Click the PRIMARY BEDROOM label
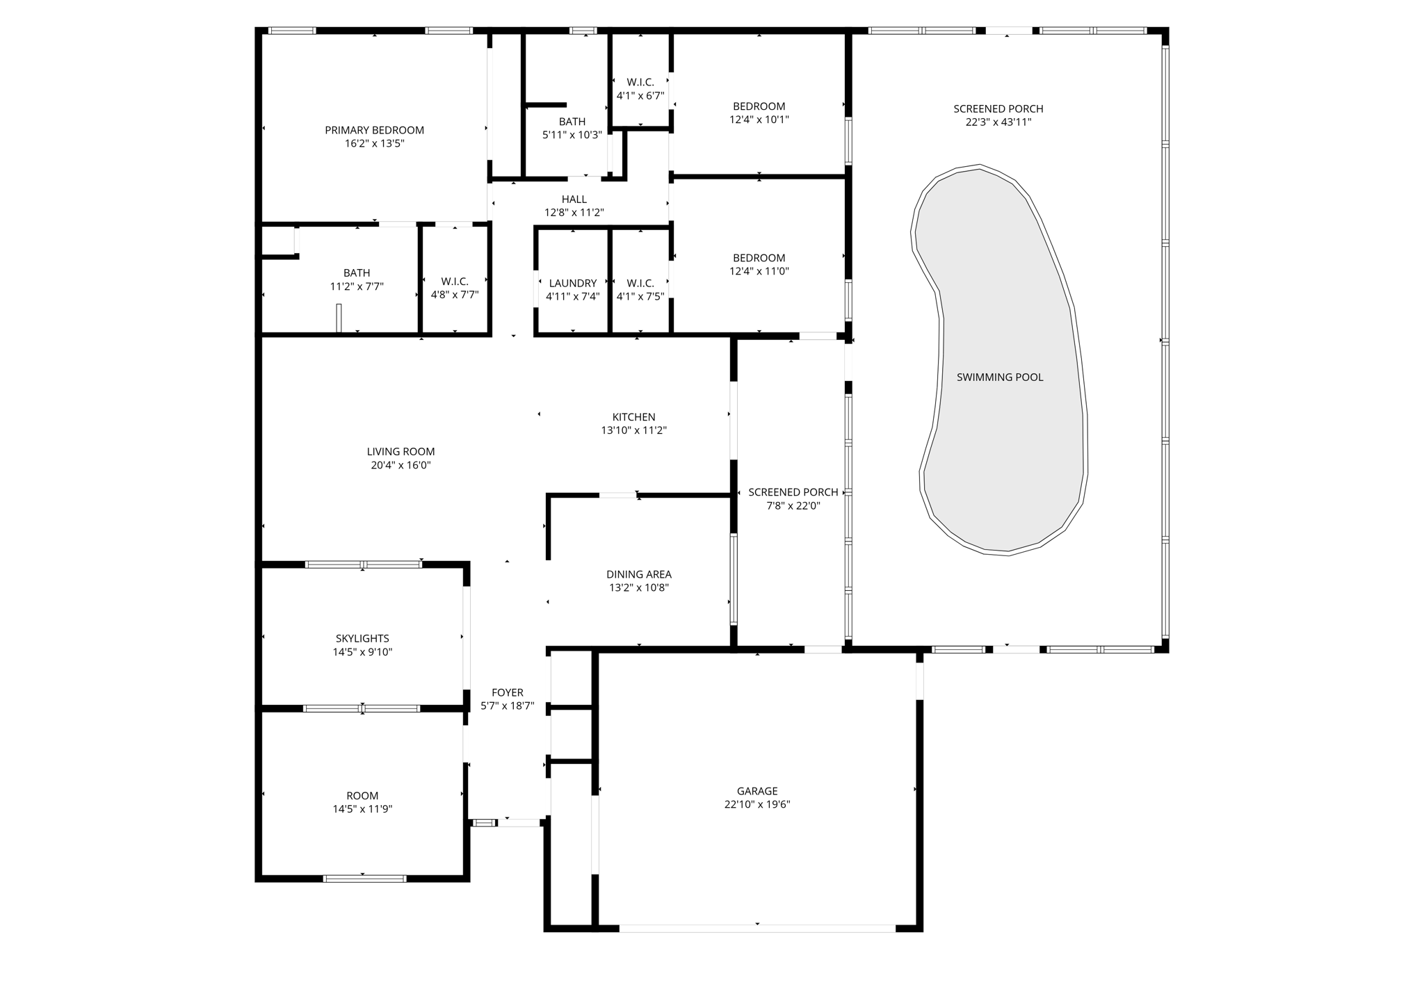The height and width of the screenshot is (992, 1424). pyautogui.click(x=374, y=131)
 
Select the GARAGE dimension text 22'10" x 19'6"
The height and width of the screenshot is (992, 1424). pyautogui.click(x=757, y=804)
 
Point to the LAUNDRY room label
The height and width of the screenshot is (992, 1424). pyautogui.click(x=572, y=284)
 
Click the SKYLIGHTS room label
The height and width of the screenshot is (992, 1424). pyautogui.click(x=362, y=638)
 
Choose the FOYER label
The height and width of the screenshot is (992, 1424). pyautogui.click(x=507, y=692)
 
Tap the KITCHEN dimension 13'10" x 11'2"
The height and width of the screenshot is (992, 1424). pyautogui.click(x=633, y=430)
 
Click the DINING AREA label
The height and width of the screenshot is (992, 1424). pyautogui.click(x=638, y=574)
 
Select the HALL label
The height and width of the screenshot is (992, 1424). pyautogui.click(x=574, y=200)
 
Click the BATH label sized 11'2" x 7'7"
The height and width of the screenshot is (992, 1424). pyautogui.click(x=357, y=273)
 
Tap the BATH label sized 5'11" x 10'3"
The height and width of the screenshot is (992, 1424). pyautogui.click(x=572, y=122)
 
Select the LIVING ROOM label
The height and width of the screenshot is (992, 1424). pyautogui.click(x=400, y=452)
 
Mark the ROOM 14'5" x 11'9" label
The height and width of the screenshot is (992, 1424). pyautogui.click(x=362, y=796)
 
